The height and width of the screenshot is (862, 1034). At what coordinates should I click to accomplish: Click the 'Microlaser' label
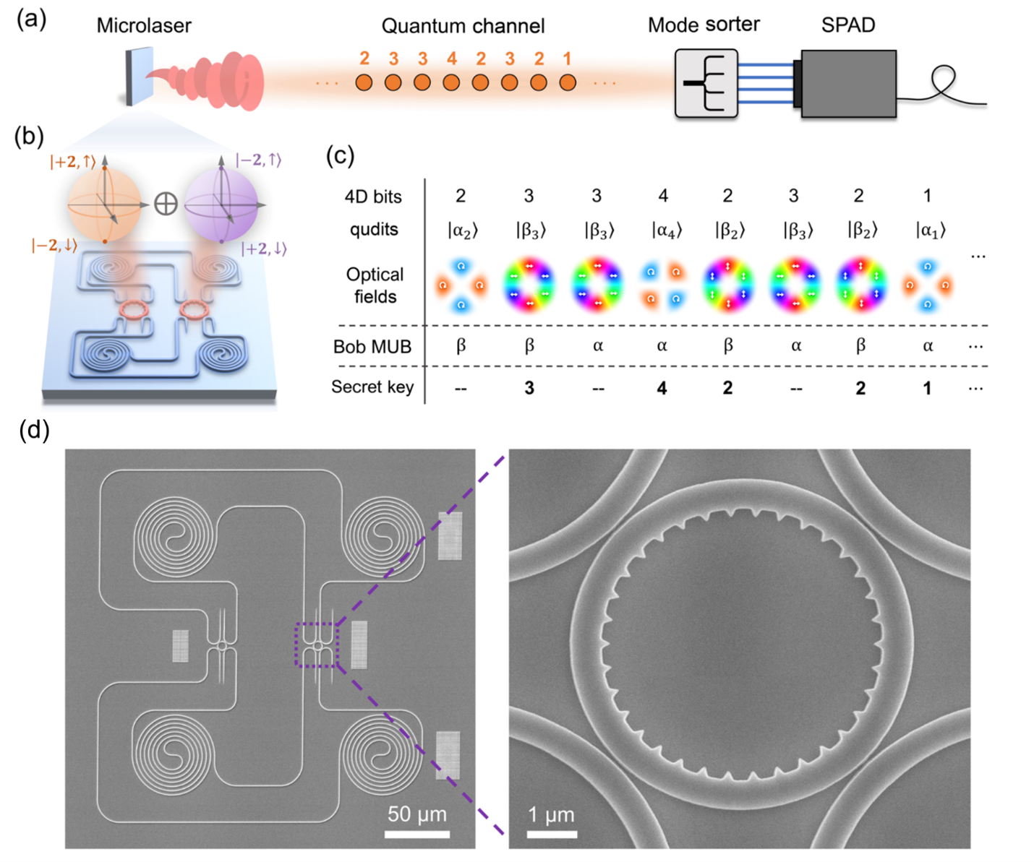point(144,26)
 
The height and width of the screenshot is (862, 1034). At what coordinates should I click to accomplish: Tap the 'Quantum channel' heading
point(463,27)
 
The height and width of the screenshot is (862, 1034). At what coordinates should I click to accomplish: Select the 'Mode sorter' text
point(704,25)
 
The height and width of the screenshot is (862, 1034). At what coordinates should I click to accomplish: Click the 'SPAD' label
point(848,25)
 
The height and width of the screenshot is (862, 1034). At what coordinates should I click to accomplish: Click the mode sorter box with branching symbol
point(706,83)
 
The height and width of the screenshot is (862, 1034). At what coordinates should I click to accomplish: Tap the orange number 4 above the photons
point(451,59)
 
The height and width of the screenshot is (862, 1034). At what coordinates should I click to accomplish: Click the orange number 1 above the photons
point(568,59)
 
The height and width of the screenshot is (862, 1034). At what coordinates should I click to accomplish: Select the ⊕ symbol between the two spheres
point(166,204)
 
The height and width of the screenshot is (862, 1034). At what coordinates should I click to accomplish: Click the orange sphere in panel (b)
point(104,204)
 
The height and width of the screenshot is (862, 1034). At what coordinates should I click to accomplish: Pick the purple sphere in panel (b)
point(221,204)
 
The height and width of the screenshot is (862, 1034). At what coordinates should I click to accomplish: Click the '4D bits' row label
point(373,197)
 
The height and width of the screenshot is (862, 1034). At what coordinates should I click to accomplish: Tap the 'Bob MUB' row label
point(372,347)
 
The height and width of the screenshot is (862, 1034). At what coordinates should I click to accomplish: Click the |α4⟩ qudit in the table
point(663,230)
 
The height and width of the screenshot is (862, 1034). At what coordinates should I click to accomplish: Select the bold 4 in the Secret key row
point(662,388)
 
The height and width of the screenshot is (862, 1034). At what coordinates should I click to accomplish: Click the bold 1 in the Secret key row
point(927,388)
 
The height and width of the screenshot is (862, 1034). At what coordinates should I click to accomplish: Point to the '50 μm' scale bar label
point(417,814)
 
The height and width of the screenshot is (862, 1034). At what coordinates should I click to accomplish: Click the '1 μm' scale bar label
point(551,815)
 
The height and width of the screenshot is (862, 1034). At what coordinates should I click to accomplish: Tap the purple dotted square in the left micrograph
point(317,645)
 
